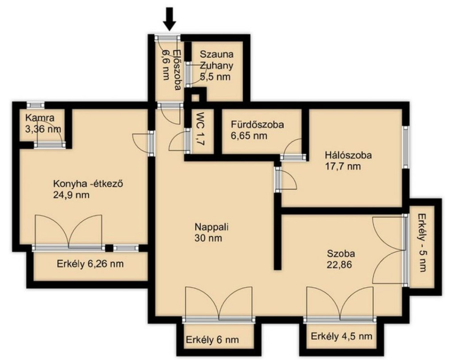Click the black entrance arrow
point(169,19)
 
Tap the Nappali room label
point(211,227)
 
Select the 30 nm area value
point(209,238)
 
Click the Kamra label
point(39,118)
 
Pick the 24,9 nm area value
point(71,195)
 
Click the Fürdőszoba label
point(258,125)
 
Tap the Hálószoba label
point(348,155)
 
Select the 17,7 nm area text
point(343,167)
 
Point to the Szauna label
point(217,54)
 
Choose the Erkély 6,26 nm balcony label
point(90,264)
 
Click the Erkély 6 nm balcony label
point(212,340)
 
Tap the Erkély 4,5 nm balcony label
point(342,336)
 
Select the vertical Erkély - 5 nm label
point(423,243)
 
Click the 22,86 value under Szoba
point(340,265)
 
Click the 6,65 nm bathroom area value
point(249,136)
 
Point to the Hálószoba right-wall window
point(406,148)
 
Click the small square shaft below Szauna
point(196,98)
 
